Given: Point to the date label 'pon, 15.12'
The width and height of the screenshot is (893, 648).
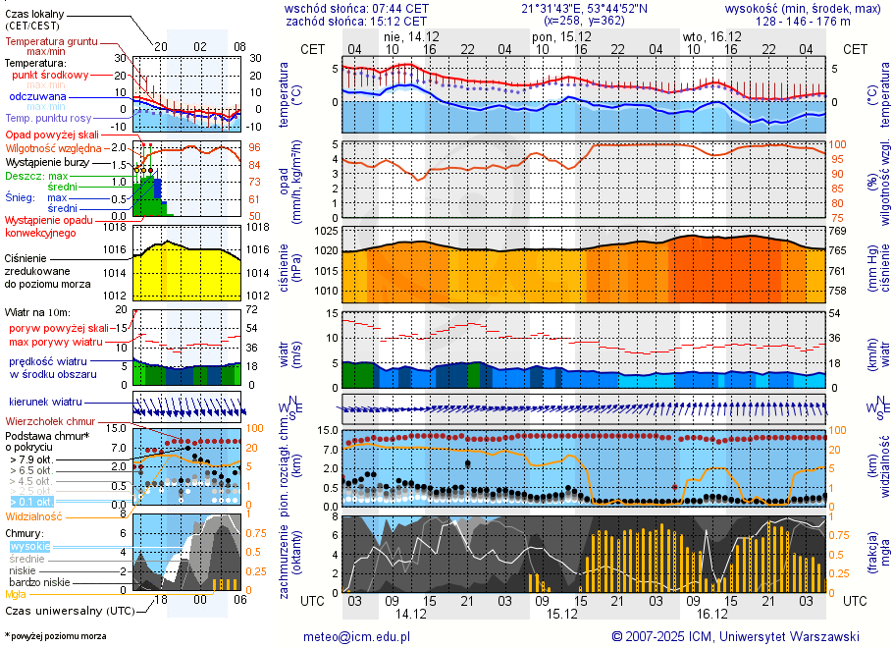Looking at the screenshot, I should [555, 35].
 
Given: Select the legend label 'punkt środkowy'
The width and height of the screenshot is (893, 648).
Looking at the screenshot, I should [50, 75].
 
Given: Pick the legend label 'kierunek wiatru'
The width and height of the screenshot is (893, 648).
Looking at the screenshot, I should [45, 403].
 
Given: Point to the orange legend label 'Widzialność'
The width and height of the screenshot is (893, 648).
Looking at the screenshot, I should [33, 515].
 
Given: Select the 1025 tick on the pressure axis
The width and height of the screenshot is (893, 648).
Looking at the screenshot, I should [327, 231].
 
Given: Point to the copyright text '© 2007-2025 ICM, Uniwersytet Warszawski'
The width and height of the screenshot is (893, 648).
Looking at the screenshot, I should [735, 636].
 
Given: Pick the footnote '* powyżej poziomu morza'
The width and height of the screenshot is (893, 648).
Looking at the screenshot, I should [55, 636].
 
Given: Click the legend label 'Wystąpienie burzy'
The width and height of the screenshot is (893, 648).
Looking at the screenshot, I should [49, 161].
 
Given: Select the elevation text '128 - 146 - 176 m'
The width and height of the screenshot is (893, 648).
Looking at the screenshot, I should [804, 21].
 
